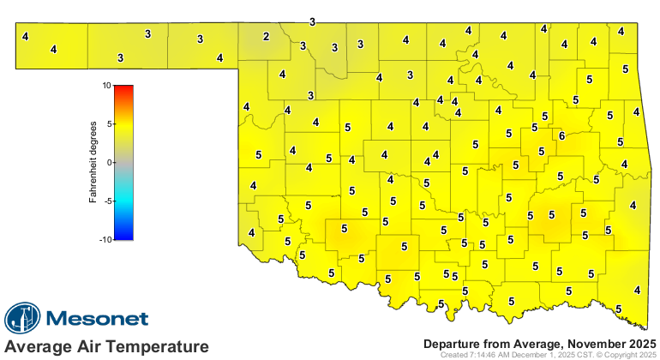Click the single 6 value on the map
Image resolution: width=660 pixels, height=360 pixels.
pos(561,136)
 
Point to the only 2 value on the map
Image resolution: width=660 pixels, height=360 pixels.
pos(266,36)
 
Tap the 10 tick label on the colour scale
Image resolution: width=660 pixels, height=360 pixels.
pos(105,86)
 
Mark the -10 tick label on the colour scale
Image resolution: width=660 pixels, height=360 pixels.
pos(104,239)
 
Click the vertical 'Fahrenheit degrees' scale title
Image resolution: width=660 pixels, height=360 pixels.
pos(93,163)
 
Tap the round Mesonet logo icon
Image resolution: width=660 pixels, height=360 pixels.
pos(23,319)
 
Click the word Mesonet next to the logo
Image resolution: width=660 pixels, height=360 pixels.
pos(97,319)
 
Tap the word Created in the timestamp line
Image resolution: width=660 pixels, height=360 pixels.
pos(454,354)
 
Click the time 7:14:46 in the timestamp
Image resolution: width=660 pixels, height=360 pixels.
pos(485,354)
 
